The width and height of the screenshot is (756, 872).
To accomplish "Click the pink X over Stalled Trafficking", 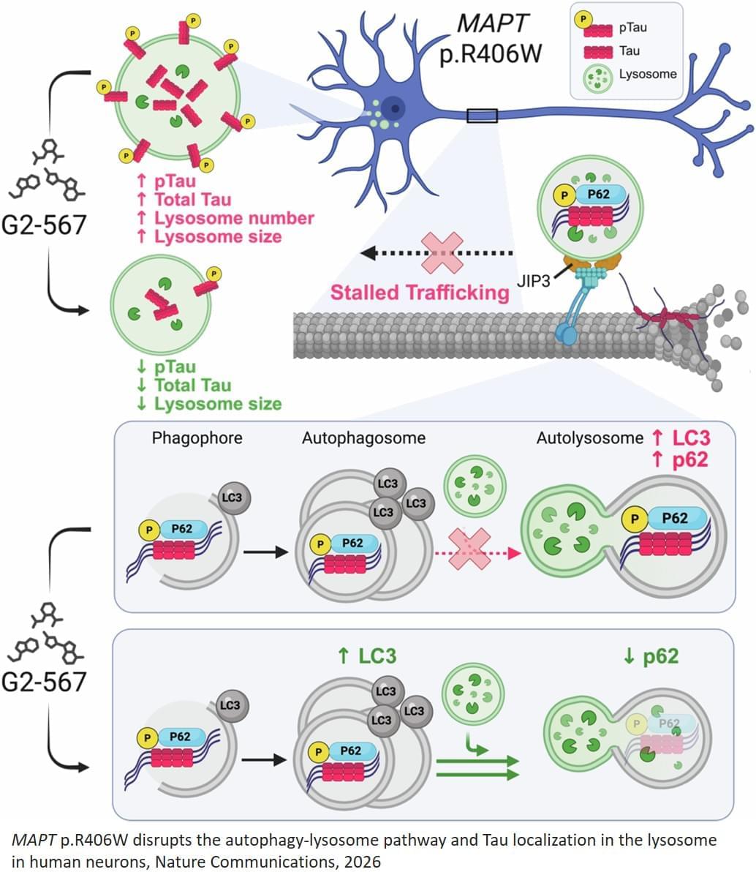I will [447, 252].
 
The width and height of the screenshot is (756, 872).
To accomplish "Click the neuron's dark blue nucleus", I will [395, 108].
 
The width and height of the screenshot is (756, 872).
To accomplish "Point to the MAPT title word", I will [491, 23].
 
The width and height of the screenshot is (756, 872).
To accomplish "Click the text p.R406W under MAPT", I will [491, 55].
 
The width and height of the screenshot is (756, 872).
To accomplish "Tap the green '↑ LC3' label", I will [367, 655].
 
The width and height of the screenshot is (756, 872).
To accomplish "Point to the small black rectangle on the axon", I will [482, 115].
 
